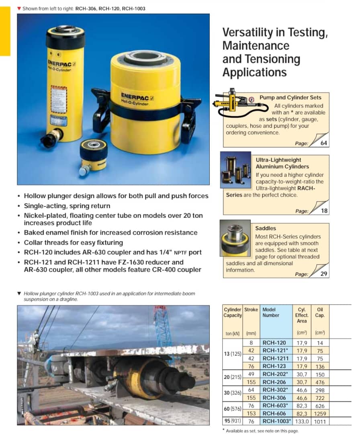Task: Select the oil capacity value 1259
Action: coord(320,414)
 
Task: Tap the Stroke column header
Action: coord(251,310)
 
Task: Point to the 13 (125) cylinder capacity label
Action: coord(232,354)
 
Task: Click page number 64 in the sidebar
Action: coord(324,143)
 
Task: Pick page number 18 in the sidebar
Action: coord(324,211)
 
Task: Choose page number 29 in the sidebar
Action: coord(324,274)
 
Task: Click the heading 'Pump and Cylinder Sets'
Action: coord(290,97)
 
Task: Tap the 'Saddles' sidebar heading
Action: coord(266,228)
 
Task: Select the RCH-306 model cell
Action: coord(274,398)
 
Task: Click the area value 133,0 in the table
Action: coord(302,421)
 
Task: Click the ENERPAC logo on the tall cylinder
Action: coord(59,63)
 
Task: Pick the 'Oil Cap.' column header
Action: coord(320,313)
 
